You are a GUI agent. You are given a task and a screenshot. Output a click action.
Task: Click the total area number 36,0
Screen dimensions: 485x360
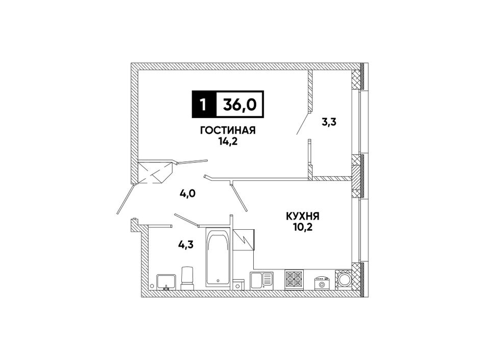[240, 105]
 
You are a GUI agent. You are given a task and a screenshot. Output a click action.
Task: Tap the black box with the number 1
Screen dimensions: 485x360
[204, 105]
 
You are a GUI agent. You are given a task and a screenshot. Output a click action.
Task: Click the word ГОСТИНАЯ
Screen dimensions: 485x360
[228, 131]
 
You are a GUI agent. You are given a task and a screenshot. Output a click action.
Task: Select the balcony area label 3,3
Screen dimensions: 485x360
[329, 122]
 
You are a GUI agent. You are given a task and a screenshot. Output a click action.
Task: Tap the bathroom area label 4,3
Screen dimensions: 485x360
[186, 245]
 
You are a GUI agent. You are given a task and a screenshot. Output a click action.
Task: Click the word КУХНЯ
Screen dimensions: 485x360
[303, 216]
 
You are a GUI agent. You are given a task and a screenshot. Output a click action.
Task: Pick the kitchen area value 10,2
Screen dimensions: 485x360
[303, 228]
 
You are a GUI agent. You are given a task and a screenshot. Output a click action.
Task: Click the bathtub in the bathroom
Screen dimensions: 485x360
[218, 258]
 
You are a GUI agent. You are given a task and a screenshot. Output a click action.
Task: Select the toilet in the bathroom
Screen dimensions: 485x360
[187, 278]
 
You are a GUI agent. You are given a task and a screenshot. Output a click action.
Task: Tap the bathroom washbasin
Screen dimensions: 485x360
[166, 281]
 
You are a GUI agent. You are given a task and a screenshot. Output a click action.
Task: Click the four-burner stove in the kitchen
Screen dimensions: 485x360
[294, 279]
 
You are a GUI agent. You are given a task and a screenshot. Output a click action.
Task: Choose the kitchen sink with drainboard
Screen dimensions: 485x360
[262, 280]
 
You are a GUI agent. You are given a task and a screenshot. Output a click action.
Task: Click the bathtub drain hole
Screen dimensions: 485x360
[218, 281]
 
